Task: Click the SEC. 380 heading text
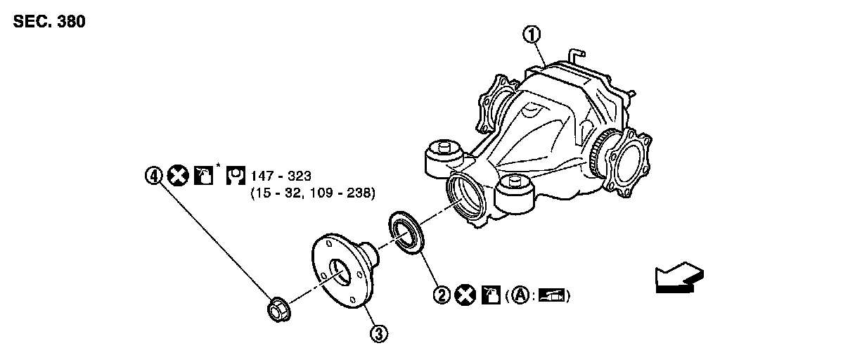pos(49,22)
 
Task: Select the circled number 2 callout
pos(442,295)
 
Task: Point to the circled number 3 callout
pos(378,334)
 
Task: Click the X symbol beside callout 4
pos(179,175)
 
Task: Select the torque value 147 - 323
pos(279,176)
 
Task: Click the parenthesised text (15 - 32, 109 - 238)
pos(313,192)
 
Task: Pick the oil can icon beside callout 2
pos(489,295)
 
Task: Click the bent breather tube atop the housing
pos(576,54)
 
